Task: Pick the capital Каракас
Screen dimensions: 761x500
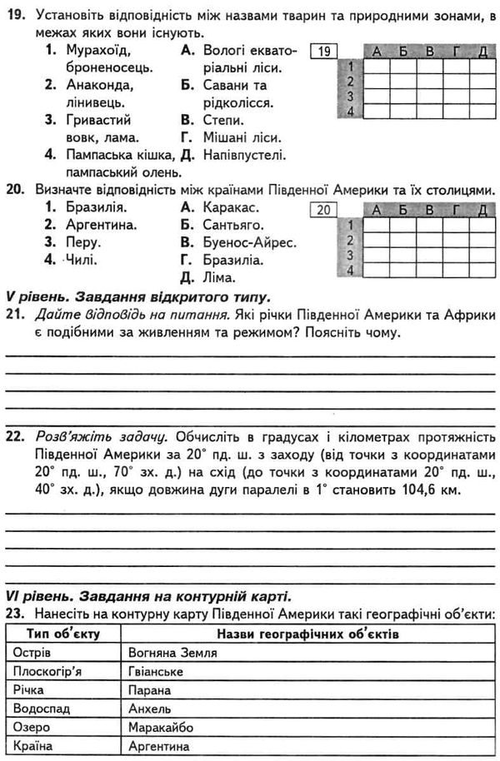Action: pos(231,207)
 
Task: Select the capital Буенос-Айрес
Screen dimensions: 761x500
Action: pos(249,242)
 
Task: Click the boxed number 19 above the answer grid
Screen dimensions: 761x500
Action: pos(326,52)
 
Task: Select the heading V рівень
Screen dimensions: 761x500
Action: pos(37,296)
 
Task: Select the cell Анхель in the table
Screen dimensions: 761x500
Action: pos(151,709)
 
